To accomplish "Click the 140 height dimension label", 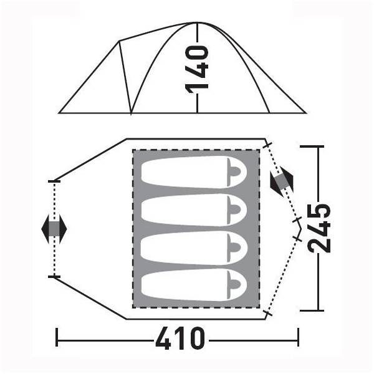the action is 197,70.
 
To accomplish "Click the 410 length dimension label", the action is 180,338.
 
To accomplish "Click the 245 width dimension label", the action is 319,228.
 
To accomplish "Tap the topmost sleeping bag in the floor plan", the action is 194,172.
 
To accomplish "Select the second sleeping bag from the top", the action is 194,209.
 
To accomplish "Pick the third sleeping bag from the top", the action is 194,247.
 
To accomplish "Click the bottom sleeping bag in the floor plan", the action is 194,285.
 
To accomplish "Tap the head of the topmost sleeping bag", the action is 235,172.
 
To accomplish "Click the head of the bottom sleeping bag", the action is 235,285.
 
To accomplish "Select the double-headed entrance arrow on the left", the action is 54,229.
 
